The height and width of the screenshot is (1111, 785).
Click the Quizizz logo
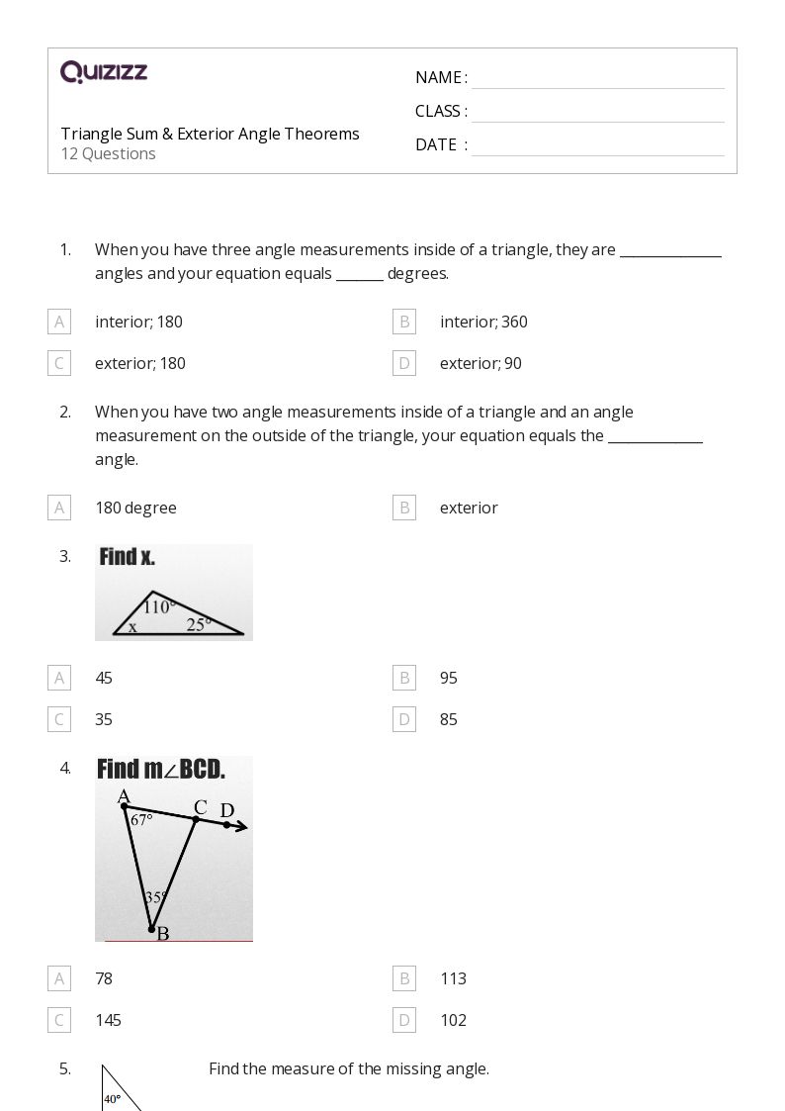104,72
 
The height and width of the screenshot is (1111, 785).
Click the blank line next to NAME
597,79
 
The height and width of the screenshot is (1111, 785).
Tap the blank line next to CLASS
597,113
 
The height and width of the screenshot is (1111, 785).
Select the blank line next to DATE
597,146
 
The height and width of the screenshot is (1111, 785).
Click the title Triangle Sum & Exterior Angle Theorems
210,134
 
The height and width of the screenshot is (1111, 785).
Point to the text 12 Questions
109,153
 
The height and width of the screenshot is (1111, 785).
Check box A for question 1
59,322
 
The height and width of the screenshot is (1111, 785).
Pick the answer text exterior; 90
480,363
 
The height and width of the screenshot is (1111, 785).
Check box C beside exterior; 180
59,363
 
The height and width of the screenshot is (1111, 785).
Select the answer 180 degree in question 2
135,508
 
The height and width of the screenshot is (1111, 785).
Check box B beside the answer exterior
403,508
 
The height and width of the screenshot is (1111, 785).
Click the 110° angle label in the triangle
159,606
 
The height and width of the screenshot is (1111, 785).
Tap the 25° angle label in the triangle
199,624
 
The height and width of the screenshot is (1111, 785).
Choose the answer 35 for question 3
104,719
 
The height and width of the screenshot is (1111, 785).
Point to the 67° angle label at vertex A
141,820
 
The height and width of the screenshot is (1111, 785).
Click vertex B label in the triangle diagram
162,933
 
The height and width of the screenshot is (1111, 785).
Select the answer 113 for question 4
453,978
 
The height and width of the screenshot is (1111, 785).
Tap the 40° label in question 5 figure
113,1098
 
